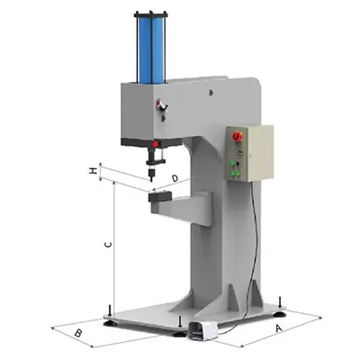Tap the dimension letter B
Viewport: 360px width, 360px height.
coord(78,335)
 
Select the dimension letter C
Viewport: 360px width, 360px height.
coord(107,244)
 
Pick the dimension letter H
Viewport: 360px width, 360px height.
coord(92,168)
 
